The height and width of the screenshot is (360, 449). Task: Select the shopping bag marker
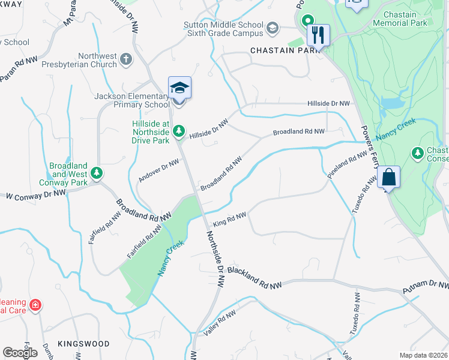tap(389, 178)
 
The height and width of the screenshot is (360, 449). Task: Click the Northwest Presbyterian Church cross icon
tap(125, 59)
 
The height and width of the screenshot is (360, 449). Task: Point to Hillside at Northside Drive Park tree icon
tap(179, 131)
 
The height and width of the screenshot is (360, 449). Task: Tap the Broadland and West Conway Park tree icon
tap(97, 174)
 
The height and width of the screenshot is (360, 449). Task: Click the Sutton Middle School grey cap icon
tap(273, 28)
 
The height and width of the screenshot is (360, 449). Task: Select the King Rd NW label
tap(231, 219)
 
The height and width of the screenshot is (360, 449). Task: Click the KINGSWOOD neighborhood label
tap(83, 344)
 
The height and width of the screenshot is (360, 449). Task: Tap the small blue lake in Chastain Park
tap(392, 103)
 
